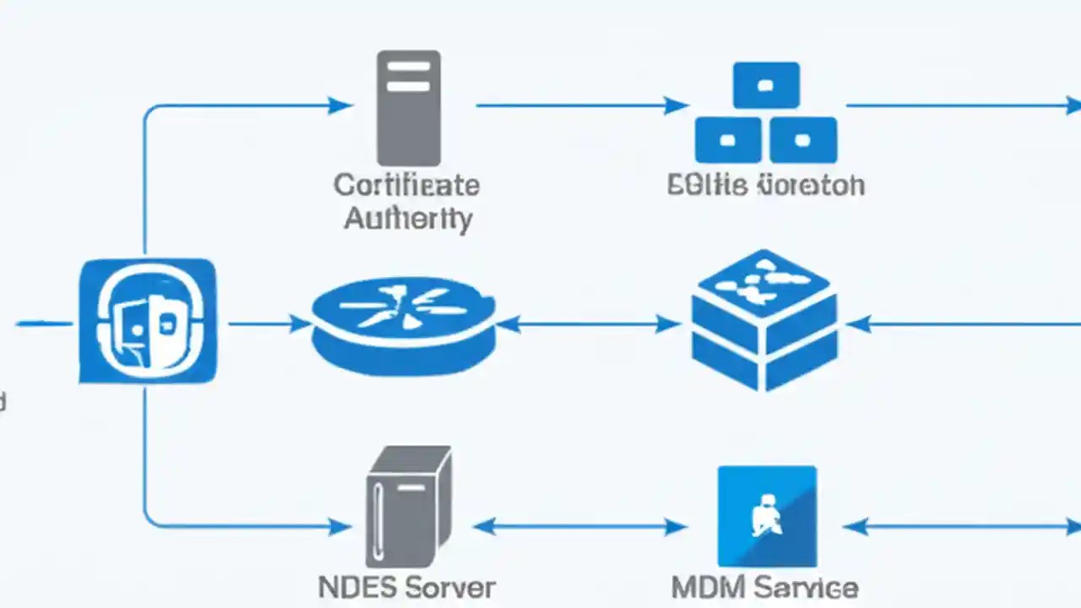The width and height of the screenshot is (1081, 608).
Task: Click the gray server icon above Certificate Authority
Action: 408,107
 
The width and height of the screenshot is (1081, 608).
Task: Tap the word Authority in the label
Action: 408,219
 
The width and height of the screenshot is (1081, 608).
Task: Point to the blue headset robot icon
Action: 148,321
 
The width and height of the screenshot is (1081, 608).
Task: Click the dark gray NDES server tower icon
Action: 408,507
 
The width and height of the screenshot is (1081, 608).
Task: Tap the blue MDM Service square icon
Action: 767,515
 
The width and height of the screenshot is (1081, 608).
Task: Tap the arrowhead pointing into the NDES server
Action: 341,527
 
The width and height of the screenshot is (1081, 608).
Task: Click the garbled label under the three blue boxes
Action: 765,185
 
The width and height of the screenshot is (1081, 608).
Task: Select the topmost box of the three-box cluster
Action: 766,85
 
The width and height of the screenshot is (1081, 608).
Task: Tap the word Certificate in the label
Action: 406,185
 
